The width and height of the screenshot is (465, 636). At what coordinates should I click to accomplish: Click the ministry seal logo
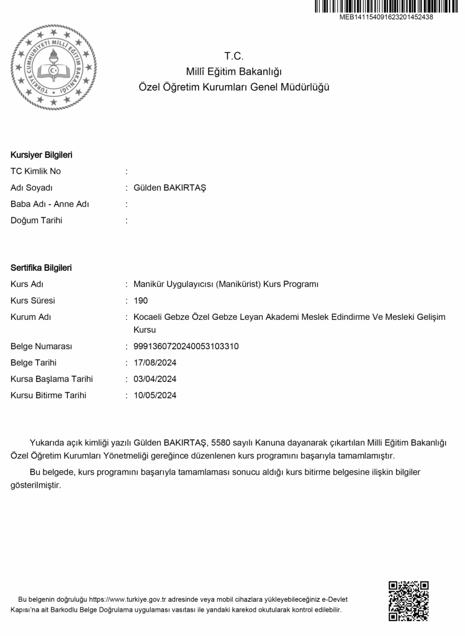(55, 67)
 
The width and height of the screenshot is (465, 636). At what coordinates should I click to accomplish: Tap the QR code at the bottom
(408, 601)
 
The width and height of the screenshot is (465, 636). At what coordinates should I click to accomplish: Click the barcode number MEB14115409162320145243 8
(386, 17)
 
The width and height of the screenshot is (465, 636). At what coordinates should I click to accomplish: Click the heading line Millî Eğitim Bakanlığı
(233, 71)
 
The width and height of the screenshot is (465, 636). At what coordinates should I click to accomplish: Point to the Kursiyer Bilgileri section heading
(42, 155)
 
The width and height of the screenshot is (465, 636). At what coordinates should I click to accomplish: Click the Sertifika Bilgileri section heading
(41, 268)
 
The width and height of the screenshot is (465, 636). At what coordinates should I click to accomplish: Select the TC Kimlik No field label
(35, 171)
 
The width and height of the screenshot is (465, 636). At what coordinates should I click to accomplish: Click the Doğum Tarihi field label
(36, 220)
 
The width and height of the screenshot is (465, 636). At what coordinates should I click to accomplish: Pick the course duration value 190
(141, 301)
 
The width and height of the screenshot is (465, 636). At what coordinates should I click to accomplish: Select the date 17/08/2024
(155, 363)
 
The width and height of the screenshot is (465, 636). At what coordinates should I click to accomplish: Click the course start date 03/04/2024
(155, 379)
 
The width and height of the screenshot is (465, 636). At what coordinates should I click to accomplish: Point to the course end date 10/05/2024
(155, 395)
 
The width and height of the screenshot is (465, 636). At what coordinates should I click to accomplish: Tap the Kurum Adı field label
(31, 317)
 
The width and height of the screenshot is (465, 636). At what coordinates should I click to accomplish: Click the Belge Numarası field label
(42, 347)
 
